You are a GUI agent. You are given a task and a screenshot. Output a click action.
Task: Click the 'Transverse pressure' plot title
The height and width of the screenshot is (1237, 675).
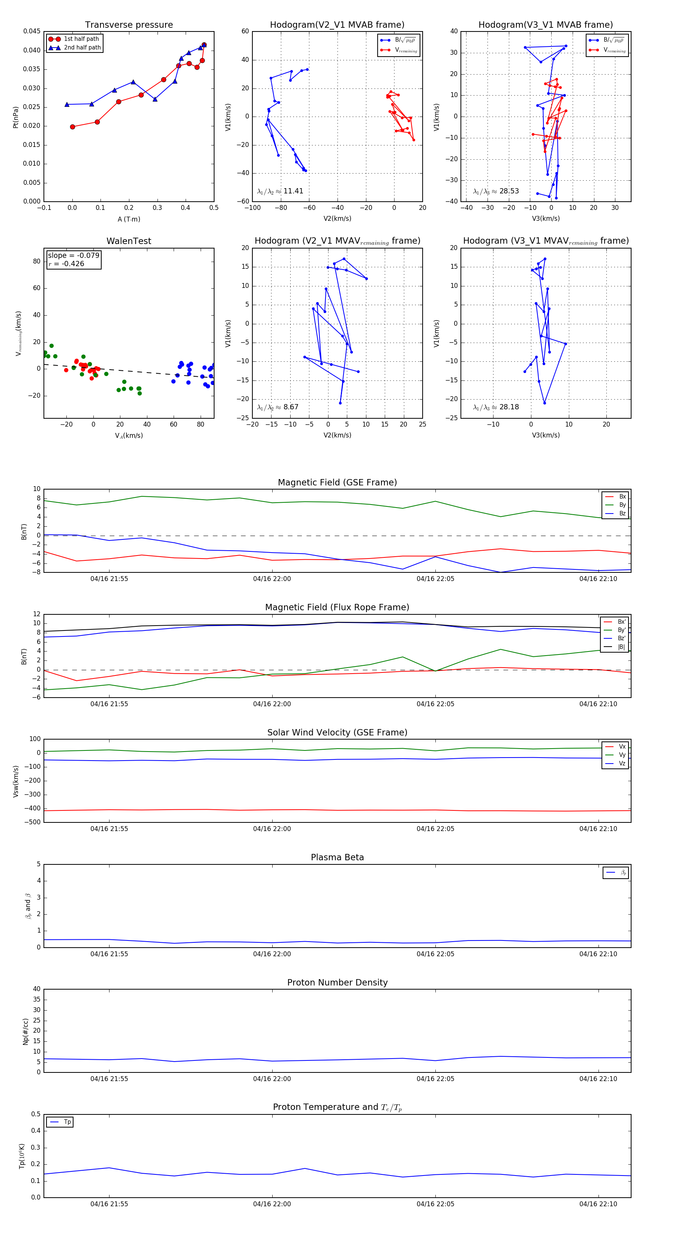129,25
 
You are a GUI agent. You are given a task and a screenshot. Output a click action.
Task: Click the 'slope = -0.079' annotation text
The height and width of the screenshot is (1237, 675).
73,256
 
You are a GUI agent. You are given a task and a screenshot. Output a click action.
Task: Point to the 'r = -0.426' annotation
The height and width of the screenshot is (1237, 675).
66,264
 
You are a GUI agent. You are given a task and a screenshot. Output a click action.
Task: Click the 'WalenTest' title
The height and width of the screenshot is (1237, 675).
129,241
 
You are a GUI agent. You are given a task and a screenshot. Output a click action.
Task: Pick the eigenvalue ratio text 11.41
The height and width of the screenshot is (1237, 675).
293,191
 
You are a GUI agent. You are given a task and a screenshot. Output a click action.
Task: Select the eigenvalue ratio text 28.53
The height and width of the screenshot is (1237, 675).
509,191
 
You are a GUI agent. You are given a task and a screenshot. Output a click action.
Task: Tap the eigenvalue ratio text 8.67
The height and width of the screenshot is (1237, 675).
291,407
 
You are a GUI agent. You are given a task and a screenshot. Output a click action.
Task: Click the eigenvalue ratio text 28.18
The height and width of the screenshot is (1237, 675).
509,407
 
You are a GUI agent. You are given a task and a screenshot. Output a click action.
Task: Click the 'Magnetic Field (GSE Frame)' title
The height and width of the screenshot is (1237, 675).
337,482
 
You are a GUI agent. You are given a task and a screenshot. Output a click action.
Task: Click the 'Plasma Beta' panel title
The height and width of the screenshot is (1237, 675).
337,858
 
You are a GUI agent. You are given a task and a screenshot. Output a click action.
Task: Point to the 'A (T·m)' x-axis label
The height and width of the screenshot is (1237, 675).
129,219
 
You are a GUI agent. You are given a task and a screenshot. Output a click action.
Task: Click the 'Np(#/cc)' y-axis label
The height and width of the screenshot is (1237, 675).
25,1032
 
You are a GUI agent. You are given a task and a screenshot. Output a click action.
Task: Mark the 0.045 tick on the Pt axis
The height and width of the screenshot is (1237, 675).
32,31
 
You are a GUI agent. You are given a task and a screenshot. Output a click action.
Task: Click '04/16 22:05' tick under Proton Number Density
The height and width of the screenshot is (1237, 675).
435,1079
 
